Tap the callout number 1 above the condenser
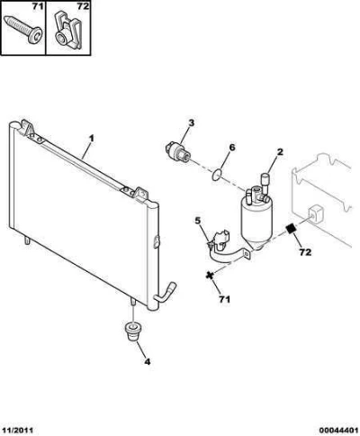[x=92, y=139]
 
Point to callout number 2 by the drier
[x=280, y=152]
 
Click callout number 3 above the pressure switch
[x=191, y=123]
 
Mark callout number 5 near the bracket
[x=197, y=221]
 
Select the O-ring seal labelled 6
[x=216, y=175]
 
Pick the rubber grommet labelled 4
[x=131, y=332]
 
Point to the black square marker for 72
[x=291, y=230]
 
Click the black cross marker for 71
[x=210, y=275]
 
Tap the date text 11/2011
[x=17, y=430]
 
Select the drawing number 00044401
[x=338, y=430]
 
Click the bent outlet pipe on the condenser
[x=165, y=291]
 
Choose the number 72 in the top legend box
[x=82, y=6]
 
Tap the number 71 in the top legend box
[x=38, y=6]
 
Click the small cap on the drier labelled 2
[x=265, y=179]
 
